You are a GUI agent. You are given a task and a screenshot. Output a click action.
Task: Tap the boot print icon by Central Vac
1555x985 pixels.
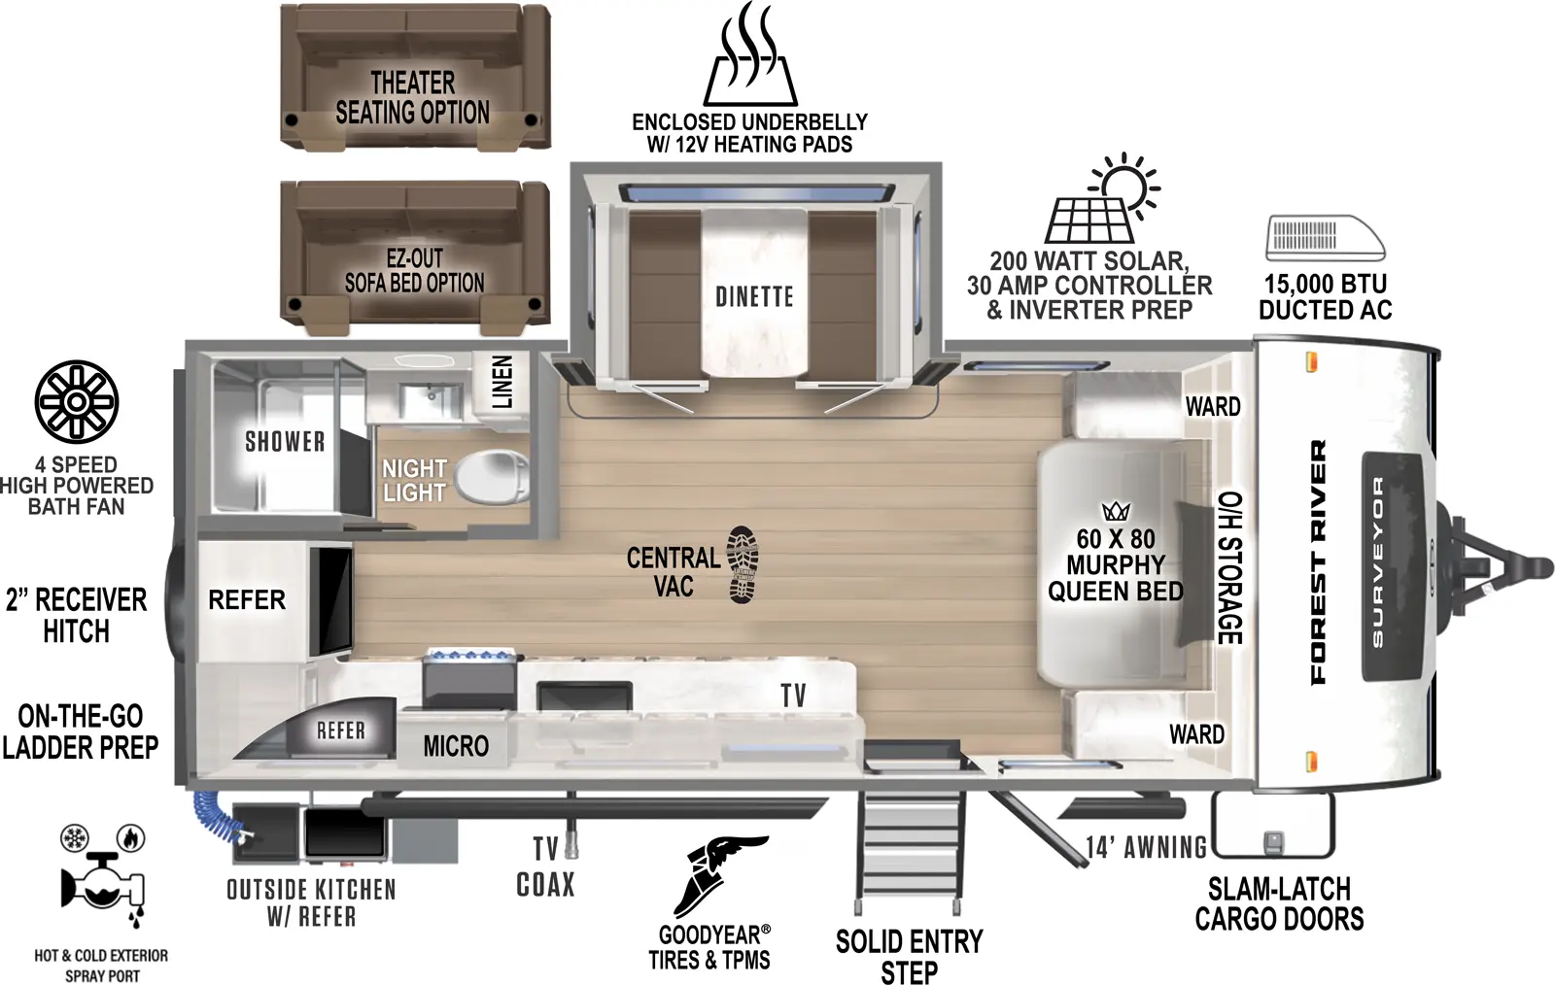743,565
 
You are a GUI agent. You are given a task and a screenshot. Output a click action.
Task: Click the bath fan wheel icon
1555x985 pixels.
76,401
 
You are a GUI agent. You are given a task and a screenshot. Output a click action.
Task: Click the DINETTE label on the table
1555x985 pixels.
754,296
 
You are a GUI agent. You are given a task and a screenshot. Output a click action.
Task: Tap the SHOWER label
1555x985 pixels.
285,442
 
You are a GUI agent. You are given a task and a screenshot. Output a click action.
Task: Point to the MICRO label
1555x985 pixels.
456,746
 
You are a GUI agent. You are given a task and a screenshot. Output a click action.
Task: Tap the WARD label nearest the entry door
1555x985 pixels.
1196,733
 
